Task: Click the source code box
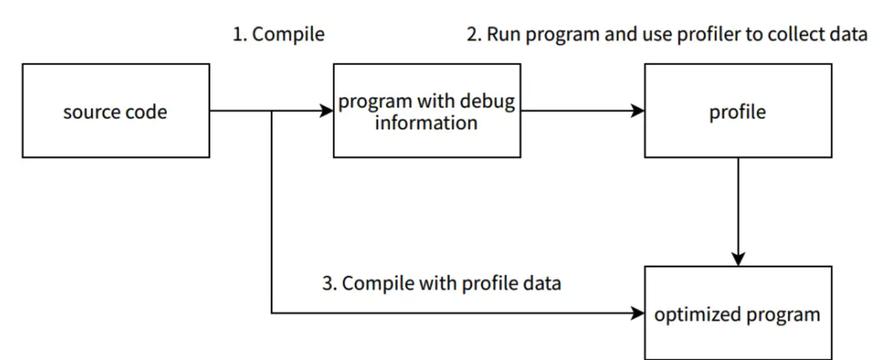tap(116, 110)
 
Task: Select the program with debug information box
tap(427, 110)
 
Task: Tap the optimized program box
tap(738, 313)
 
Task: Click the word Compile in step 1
tap(288, 35)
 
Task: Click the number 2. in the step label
tap(474, 34)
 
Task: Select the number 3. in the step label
tap(330, 283)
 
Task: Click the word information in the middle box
tap(427, 122)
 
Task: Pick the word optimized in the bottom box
tap(698, 315)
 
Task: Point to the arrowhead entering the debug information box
tap(326, 110)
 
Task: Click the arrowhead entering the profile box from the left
tap(638, 110)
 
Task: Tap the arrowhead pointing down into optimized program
tap(738, 259)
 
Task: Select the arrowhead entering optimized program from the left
tap(638, 313)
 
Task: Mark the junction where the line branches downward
tap(272, 110)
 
